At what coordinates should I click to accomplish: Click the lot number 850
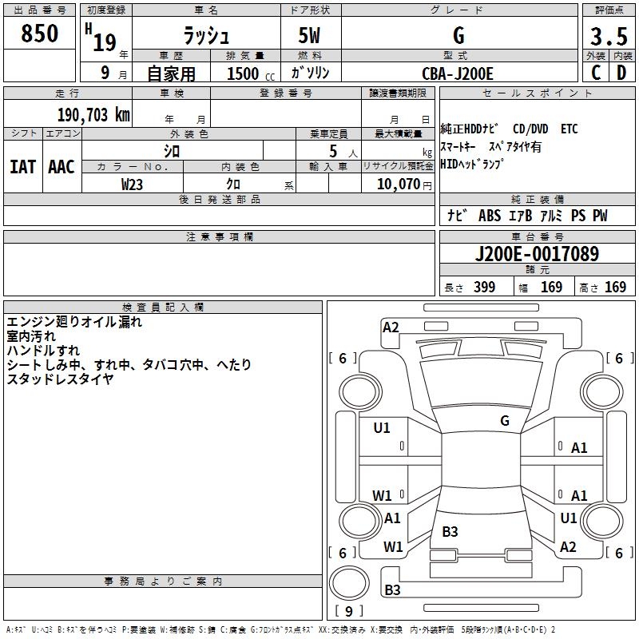[x=39, y=34]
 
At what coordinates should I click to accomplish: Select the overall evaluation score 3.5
[x=609, y=37]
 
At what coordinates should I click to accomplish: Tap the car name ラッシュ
[x=205, y=35]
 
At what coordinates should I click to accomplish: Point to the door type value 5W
[x=311, y=37]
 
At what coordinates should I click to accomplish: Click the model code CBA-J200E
[x=458, y=73]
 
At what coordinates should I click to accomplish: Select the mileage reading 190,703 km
[x=93, y=114]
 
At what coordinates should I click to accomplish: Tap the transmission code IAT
[x=22, y=167]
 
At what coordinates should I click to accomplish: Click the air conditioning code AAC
[x=62, y=167]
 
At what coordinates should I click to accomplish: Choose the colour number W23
[x=133, y=184]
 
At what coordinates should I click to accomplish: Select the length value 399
[x=484, y=288]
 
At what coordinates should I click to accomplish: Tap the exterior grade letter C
[x=596, y=72]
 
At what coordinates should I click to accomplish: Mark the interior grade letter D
[x=622, y=72]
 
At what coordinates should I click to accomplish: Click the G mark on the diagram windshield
[x=505, y=420]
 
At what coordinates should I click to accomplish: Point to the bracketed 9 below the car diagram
[x=348, y=611]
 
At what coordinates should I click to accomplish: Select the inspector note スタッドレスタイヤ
[x=60, y=379]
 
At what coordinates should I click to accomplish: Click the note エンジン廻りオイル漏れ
[x=74, y=323]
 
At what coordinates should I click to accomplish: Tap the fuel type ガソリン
[x=312, y=73]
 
